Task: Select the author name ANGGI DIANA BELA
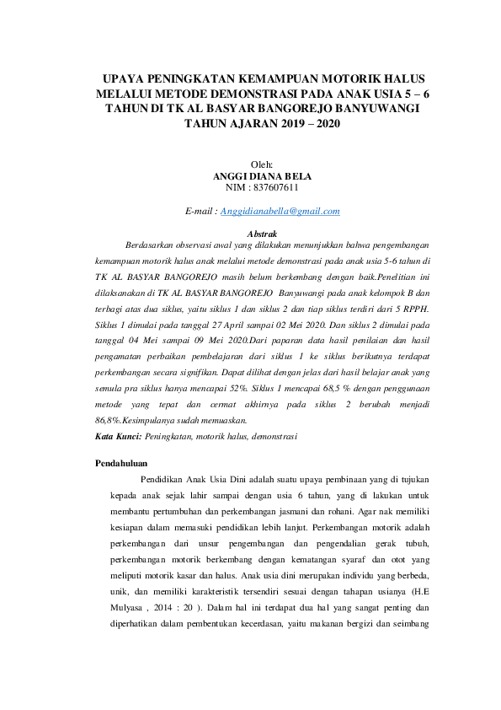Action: pyautogui.click(x=263, y=176)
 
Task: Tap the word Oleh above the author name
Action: pyautogui.click(x=263, y=164)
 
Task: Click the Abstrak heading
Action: pyautogui.click(x=262, y=233)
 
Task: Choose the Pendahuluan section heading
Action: pyautogui.click(x=121, y=463)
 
